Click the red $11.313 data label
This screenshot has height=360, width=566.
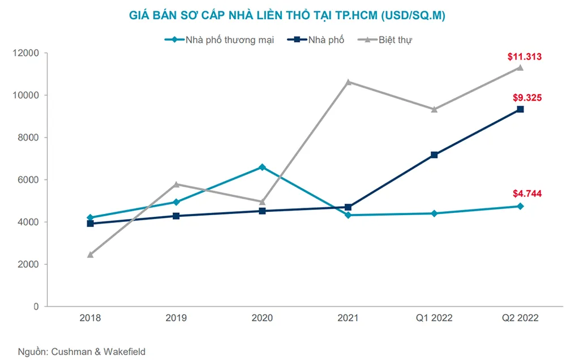click(x=524, y=56)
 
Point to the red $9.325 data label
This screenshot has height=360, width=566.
click(x=524, y=97)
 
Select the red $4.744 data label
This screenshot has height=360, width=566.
click(x=524, y=194)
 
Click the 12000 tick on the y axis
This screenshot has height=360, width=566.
click(x=26, y=53)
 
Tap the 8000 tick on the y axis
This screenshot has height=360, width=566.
click(x=28, y=138)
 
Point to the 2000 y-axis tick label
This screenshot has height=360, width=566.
click(x=28, y=264)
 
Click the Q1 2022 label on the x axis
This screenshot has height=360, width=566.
click(x=434, y=318)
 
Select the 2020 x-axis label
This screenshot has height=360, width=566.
click(x=262, y=318)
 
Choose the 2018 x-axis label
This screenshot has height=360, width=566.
click(x=90, y=318)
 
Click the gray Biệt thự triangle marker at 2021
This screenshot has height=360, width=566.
click(x=348, y=82)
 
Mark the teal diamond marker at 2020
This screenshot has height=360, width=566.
click(x=262, y=167)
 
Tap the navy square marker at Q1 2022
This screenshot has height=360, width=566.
click(x=434, y=155)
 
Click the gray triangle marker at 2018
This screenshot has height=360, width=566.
click(x=90, y=255)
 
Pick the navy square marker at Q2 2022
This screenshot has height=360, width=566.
click(x=520, y=109)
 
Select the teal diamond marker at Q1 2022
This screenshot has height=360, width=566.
click(x=434, y=213)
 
